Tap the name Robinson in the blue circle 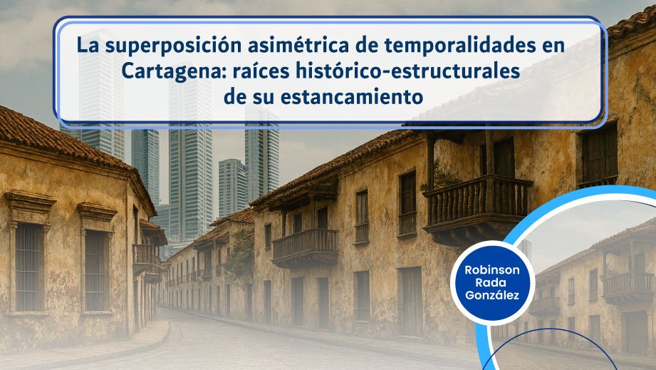pyautogui.click(x=492, y=270)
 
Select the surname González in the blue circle pyautogui.click(x=492, y=295)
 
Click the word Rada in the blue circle pyautogui.click(x=492, y=283)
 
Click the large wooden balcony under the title pyautogui.click(x=477, y=210)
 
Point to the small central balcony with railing pyautogui.click(x=305, y=248)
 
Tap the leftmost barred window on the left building pyautogui.click(x=29, y=267)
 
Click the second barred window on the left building pyautogui.click(x=96, y=270)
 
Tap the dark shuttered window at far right pyautogui.click(x=599, y=154)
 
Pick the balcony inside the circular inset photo pyautogui.click(x=628, y=287)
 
